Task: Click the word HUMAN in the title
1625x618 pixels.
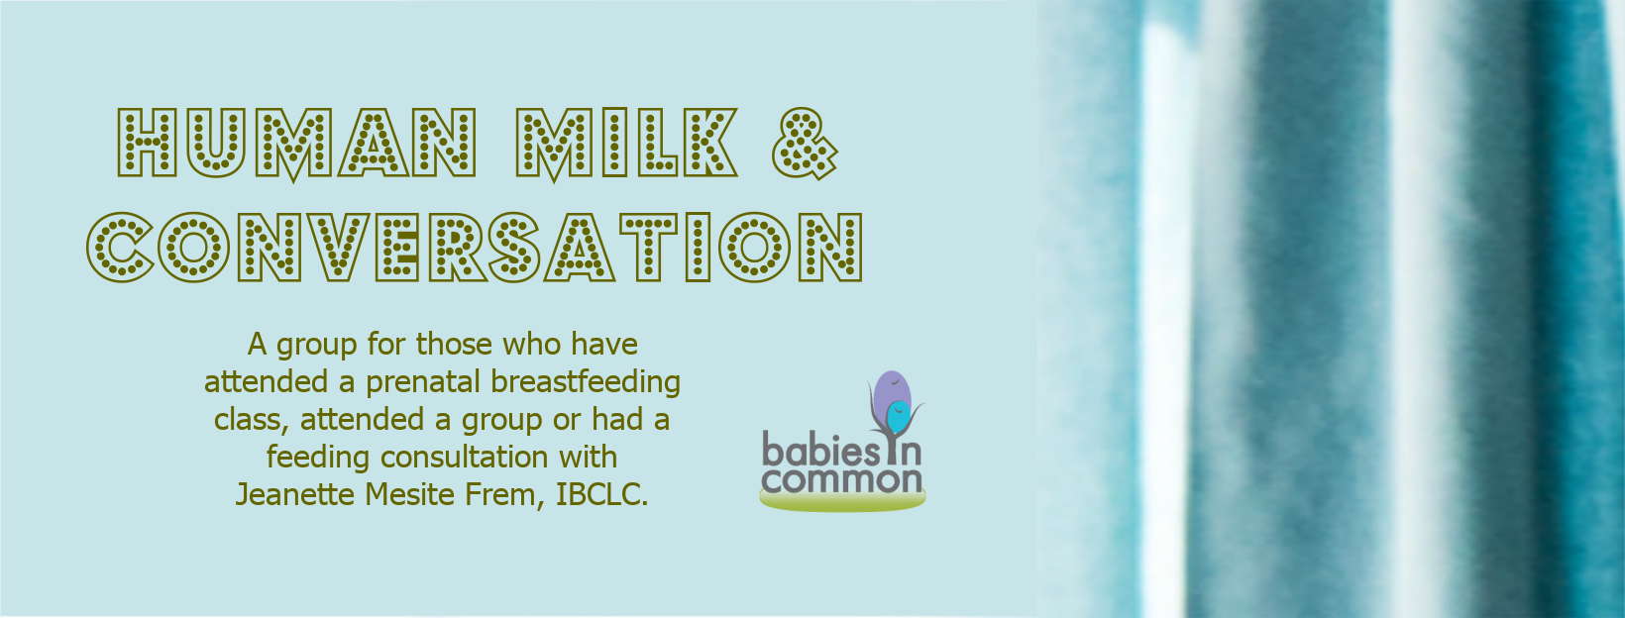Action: (296, 143)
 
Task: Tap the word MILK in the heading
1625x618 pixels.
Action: (627, 143)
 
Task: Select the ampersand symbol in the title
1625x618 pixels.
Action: (805, 143)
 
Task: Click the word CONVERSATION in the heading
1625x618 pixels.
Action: (476, 247)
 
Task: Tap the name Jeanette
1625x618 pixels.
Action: (296, 494)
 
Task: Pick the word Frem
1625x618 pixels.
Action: (504, 495)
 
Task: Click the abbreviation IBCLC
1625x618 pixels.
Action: (601, 494)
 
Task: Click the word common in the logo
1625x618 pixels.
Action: (841, 480)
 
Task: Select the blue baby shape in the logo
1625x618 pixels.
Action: (898, 417)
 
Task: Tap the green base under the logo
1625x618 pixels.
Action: (842, 500)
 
